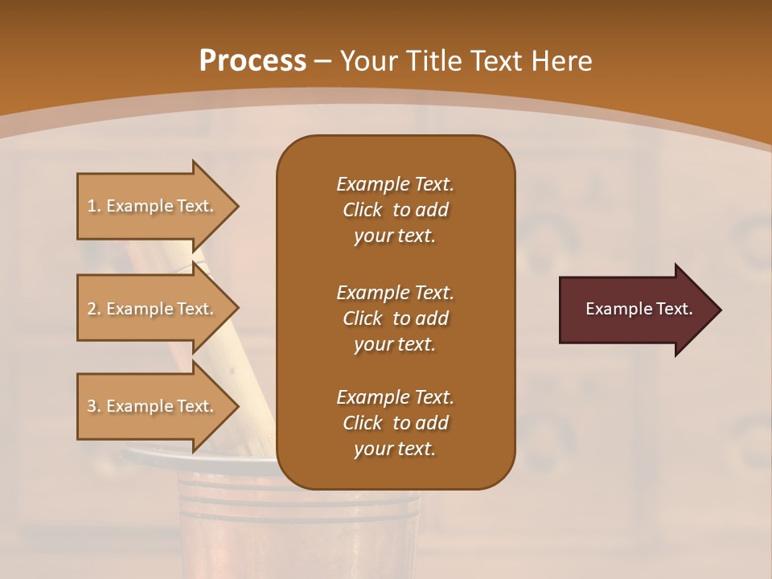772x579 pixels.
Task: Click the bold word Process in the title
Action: click(x=253, y=61)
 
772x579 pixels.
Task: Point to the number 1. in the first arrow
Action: click(x=94, y=206)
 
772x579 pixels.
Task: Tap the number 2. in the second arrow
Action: click(x=94, y=309)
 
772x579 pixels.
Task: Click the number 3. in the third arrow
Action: click(x=94, y=406)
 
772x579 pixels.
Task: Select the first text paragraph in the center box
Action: click(x=395, y=210)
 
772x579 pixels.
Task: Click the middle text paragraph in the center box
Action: click(x=395, y=318)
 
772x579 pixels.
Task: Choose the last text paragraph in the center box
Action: click(x=395, y=423)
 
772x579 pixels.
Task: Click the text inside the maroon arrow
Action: click(x=639, y=309)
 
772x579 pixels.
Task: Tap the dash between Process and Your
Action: click(x=323, y=61)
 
